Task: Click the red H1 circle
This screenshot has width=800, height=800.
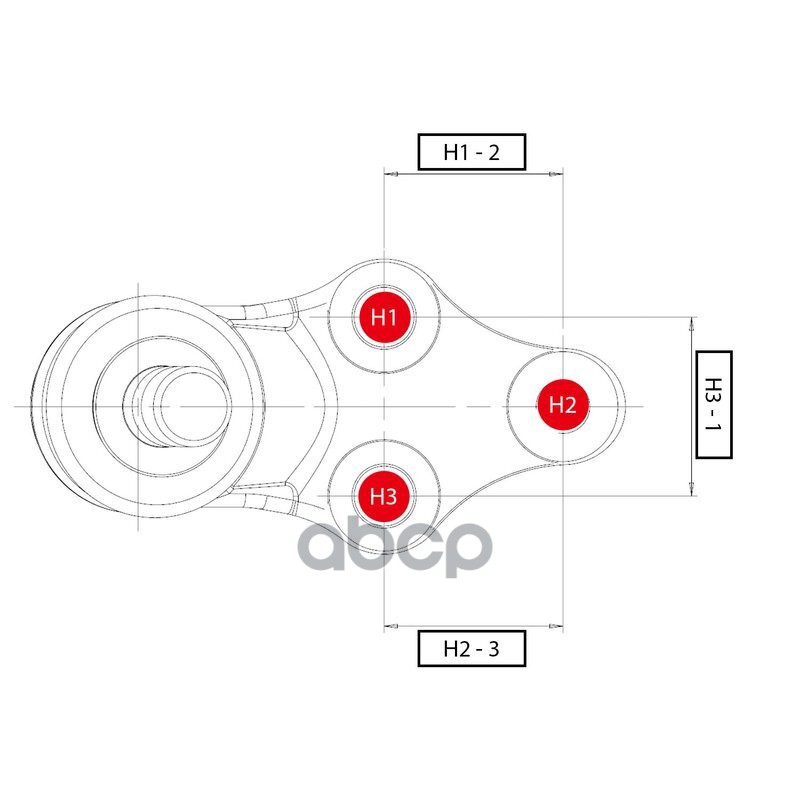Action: click(385, 317)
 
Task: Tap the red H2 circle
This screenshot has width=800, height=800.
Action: click(563, 405)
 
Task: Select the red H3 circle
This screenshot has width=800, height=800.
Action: click(385, 495)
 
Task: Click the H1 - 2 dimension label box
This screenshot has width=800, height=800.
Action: click(471, 152)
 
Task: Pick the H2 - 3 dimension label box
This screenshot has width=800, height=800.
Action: click(471, 649)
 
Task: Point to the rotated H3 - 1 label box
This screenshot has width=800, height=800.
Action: click(713, 404)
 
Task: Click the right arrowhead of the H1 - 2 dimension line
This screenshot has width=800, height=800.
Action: click(556, 175)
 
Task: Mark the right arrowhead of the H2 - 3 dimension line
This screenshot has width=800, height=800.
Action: click(556, 627)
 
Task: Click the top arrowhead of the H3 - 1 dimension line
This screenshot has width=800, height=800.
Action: click(691, 323)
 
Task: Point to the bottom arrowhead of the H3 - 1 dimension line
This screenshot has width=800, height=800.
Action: click(691, 489)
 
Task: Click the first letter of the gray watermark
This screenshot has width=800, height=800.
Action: click(331, 548)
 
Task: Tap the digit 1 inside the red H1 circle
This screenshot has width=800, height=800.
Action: click(395, 318)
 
